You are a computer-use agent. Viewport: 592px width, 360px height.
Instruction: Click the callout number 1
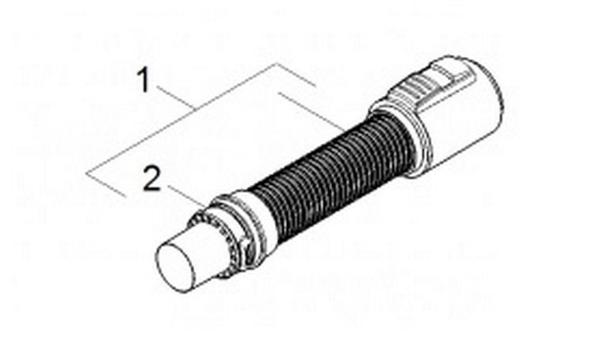click(x=143, y=79)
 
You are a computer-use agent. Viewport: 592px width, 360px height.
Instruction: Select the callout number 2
click(x=152, y=178)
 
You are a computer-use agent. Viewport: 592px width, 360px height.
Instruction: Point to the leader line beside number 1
click(x=175, y=98)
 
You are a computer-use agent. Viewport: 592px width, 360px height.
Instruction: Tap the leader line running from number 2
click(x=188, y=197)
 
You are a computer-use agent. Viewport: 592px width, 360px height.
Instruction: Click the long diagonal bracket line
click(x=182, y=118)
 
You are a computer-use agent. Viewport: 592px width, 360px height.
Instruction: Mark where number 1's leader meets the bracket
click(x=194, y=109)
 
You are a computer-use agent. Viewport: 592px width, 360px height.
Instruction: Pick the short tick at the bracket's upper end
click(x=296, y=75)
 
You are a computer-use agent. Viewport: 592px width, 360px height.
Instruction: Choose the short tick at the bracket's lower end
click(x=106, y=185)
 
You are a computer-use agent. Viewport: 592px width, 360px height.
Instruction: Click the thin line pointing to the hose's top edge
click(x=311, y=112)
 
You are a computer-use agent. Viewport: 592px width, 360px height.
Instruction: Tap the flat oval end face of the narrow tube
click(x=176, y=267)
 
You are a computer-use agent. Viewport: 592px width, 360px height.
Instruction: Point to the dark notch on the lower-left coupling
click(x=247, y=248)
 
